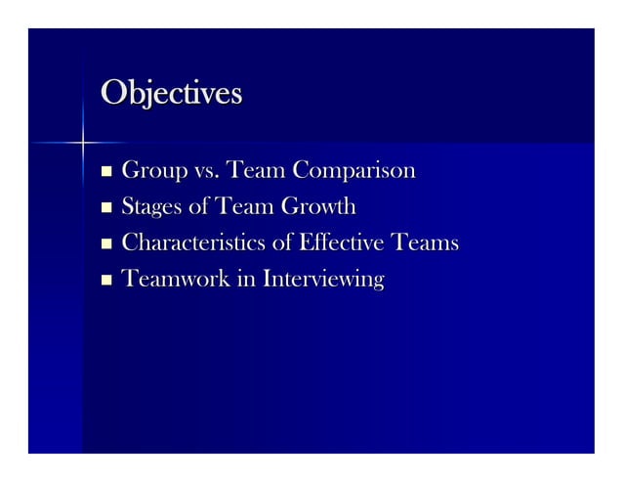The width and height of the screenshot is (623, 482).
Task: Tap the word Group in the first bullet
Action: (151, 174)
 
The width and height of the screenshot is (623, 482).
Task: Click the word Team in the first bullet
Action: (256, 173)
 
